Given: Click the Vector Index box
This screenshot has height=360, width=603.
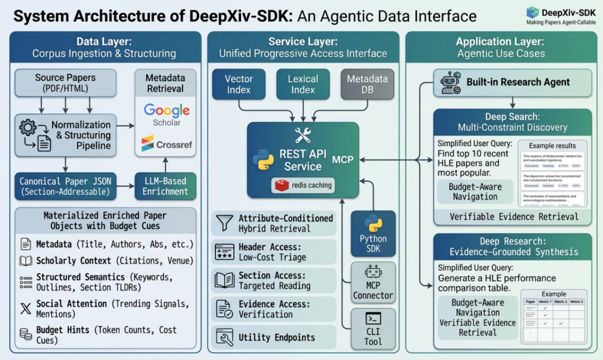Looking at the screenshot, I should tap(239, 84).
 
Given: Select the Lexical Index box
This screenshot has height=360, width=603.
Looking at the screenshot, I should tap(303, 84).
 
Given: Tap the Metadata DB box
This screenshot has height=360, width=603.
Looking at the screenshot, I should tap(367, 84).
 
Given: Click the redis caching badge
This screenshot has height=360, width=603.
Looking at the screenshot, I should tap(304, 185).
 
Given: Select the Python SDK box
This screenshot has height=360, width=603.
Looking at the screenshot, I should tap(373, 233).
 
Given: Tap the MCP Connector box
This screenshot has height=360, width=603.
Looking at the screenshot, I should tap(373, 283).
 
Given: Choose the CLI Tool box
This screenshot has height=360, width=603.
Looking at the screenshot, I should tap(373, 329).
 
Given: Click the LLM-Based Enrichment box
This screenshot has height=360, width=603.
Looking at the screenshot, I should tap(165, 186).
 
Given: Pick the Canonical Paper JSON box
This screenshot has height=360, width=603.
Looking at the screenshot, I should tap(66, 186).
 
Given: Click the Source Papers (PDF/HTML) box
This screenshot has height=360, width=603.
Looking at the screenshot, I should tap(65, 83).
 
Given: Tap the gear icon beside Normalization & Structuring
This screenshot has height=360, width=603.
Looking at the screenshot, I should tap(27, 128).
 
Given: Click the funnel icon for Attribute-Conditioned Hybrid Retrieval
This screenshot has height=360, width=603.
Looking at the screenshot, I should tap(224, 223).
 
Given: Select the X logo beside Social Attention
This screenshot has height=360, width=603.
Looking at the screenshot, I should tap(26, 309).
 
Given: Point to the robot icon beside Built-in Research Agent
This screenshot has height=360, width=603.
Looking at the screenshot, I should tap(449, 83).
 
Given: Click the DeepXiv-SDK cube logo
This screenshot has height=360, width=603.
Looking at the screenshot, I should tap(533, 12).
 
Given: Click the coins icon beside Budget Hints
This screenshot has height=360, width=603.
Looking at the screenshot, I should tap(26, 334).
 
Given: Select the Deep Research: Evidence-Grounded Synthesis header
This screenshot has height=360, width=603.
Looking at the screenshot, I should tap(513, 247).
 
